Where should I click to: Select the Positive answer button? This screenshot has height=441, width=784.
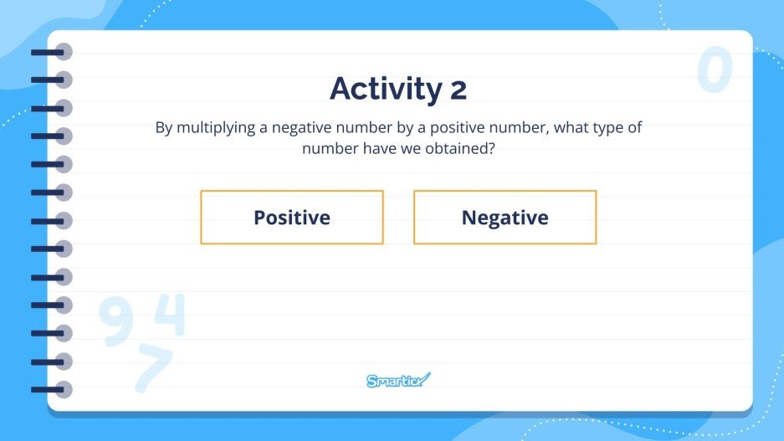[292, 218]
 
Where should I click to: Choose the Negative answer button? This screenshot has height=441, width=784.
[505, 218]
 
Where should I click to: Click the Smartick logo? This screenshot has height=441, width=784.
[398, 381]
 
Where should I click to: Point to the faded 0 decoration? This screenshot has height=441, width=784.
[715, 69]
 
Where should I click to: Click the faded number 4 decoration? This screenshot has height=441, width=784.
[170, 315]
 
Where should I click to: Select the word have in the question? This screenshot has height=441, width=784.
[383, 148]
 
